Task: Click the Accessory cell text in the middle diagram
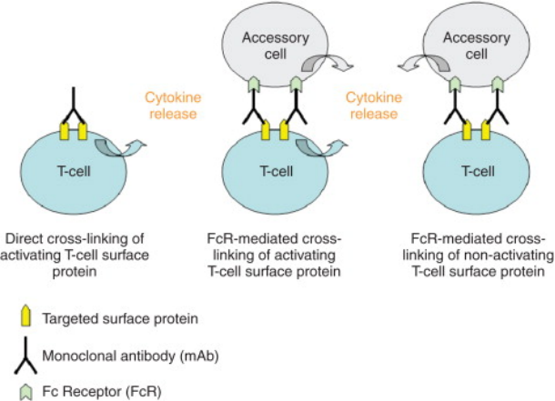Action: pyautogui.click(x=276, y=45)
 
